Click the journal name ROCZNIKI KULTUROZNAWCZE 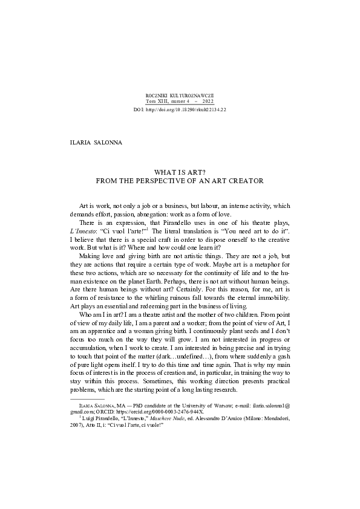tap(180, 97)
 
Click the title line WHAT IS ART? tap(180, 172)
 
